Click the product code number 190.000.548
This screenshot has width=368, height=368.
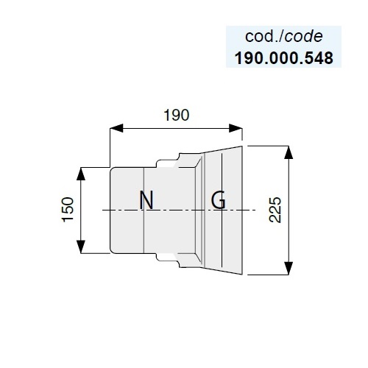[x=284, y=58]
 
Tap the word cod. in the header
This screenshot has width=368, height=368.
[x=263, y=37]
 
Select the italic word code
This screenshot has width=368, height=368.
[x=304, y=37]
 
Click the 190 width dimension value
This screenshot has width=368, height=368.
[x=177, y=115]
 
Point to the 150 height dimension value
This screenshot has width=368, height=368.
[x=68, y=210]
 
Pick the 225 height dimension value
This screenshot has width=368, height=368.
[x=275, y=210]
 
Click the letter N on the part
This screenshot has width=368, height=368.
[x=146, y=200]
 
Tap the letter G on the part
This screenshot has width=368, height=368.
[x=219, y=200]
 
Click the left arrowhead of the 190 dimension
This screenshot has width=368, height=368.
[x=116, y=128]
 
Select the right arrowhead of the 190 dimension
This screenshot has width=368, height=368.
[x=236, y=128]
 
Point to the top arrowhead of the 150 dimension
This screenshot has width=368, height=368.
[x=81, y=174]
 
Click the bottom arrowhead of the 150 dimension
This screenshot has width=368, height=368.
[x=81, y=247]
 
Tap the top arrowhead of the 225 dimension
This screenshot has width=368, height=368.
[x=289, y=152]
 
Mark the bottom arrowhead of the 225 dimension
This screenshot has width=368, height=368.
[x=289, y=268]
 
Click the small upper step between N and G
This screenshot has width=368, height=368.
[x=166, y=163]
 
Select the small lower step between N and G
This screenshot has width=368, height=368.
[x=166, y=258]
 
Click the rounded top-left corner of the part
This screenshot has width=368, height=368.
[x=111, y=169]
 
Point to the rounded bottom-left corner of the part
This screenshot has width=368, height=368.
[x=111, y=252]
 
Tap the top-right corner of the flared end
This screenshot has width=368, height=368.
[x=242, y=146]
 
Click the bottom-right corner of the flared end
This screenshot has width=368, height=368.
[x=242, y=275]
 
